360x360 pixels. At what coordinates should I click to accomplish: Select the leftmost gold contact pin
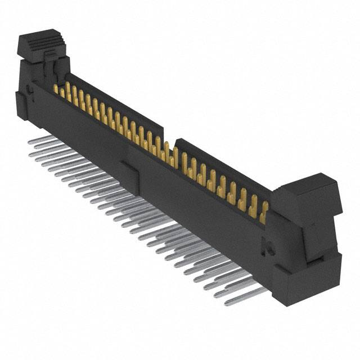(56, 89)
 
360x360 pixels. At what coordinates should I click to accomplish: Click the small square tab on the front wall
(128, 168)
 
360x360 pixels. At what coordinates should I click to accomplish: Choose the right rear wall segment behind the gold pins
(225, 169)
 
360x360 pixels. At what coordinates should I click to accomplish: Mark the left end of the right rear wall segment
(178, 143)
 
